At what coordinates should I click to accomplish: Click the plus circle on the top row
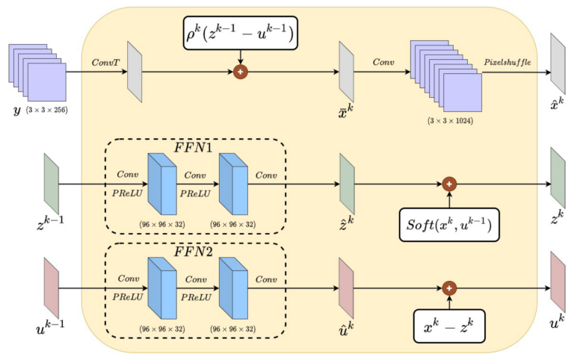[241, 72]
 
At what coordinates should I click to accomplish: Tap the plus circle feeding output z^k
[448, 183]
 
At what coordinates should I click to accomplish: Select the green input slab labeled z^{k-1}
[51, 183]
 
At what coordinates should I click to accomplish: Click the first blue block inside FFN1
[162, 184]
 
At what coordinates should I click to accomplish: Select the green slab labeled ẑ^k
[346, 183]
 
